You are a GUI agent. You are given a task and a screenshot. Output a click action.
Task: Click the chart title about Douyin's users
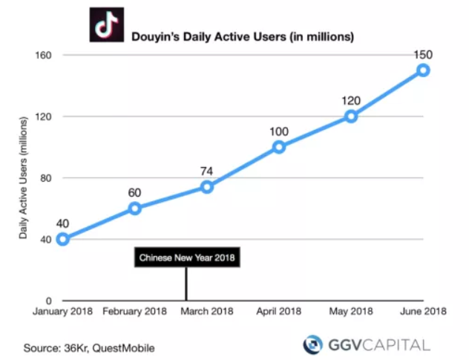(242, 35)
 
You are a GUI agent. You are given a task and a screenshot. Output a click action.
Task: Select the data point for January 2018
(63, 239)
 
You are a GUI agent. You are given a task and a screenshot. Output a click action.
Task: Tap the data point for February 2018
(135, 209)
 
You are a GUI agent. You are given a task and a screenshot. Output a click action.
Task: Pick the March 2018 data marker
(207, 187)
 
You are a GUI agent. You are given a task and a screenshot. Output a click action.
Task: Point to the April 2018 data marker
(279, 147)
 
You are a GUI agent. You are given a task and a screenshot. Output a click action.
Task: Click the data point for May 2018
(351, 117)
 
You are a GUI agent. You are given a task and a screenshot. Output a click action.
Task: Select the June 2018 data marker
(423, 71)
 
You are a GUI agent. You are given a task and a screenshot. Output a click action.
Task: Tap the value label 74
(207, 171)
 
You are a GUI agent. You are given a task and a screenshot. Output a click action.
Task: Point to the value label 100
(279, 131)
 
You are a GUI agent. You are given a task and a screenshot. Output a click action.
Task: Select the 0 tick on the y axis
(47, 300)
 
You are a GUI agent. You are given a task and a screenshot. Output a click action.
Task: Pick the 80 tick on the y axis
(45, 178)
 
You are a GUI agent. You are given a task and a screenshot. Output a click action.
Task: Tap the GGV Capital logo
(366, 344)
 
